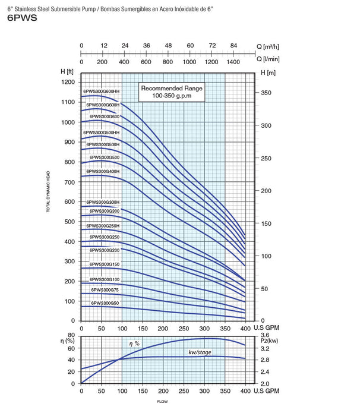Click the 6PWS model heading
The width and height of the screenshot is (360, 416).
[x=22, y=18]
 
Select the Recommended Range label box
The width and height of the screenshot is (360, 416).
[x=172, y=91]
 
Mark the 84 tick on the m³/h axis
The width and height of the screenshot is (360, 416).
[x=233, y=45]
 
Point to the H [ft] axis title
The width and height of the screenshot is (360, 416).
[x=67, y=71]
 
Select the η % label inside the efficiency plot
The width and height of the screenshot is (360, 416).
[x=135, y=343]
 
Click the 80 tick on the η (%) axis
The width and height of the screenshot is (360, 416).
[x=71, y=336]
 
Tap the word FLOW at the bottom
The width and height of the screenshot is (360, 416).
[x=162, y=402]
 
